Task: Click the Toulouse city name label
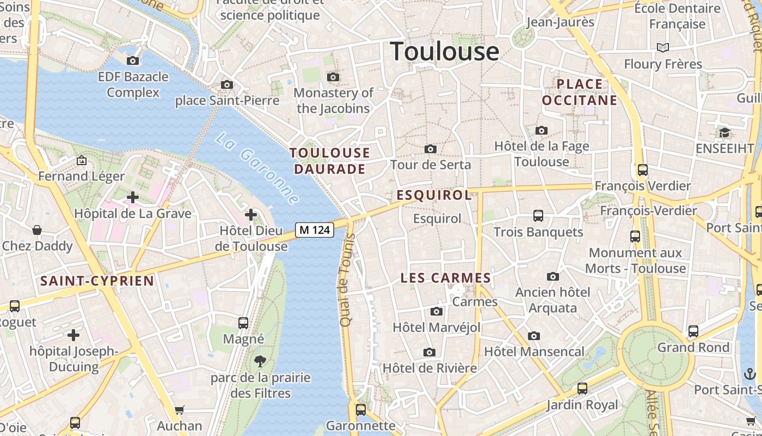pyautogui.click(x=445, y=51)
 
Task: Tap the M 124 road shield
pyautogui.click(x=315, y=230)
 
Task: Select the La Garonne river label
pyautogui.click(x=257, y=168)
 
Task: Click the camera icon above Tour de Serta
pyautogui.click(x=430, y=149)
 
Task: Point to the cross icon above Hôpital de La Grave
pyautogui.click(x=132, y=197)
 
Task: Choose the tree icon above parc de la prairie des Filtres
pyautogui.click(x=260, y=360)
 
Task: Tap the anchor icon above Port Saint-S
pyautogui.click(x=750, y=374)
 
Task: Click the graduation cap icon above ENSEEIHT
pyautogui.click(x=724, y=132)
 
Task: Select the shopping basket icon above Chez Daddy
pyautogui.click(x=37, y=230)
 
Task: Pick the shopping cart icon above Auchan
pyautogui.click(x=180, y=410)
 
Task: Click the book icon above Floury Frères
pyautogui.click(x=662, y=48)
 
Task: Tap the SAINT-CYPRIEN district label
pyautogui.click(x=97, y=281)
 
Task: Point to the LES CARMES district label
pyautogui.click(x=446, y=278)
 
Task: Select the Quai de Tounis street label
pyautogui.click(x=347, y=280)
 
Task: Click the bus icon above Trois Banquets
pyautogui.click(x=538, y=216)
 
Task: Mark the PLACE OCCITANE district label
pyautogui.click(x=580, y=92)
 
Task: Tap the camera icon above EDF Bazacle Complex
pyautogui.click(x=132, y=60)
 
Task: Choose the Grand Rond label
pyautogui.click(x=693, y=347)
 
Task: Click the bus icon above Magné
pyautogui.click(x=243, y=323)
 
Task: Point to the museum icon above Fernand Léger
pyautogui.click(x=82, y=160)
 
